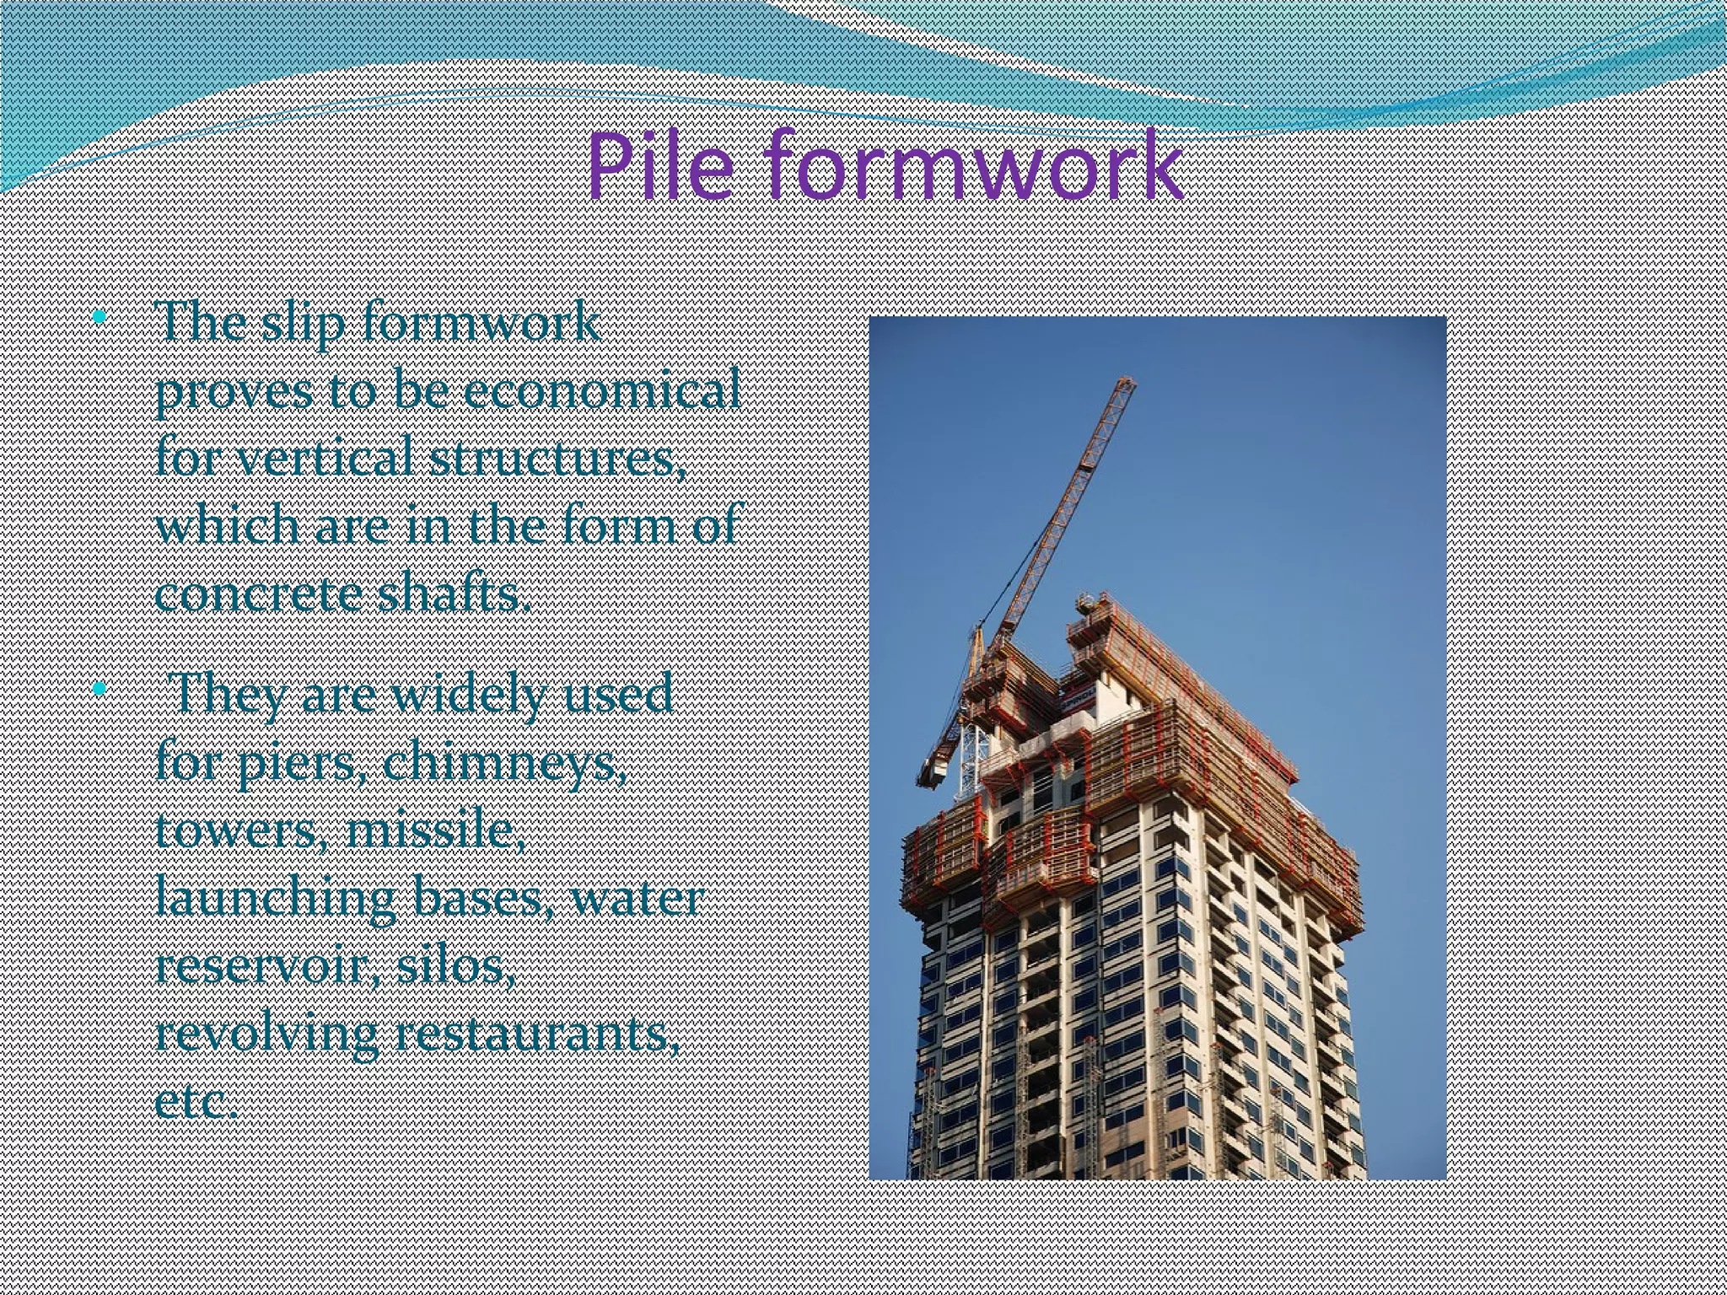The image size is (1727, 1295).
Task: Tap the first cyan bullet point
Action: point(100,318)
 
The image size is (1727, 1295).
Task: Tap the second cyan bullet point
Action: point(100,689)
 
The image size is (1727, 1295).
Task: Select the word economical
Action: point(601,390)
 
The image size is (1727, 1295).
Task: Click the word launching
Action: point(276,900)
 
